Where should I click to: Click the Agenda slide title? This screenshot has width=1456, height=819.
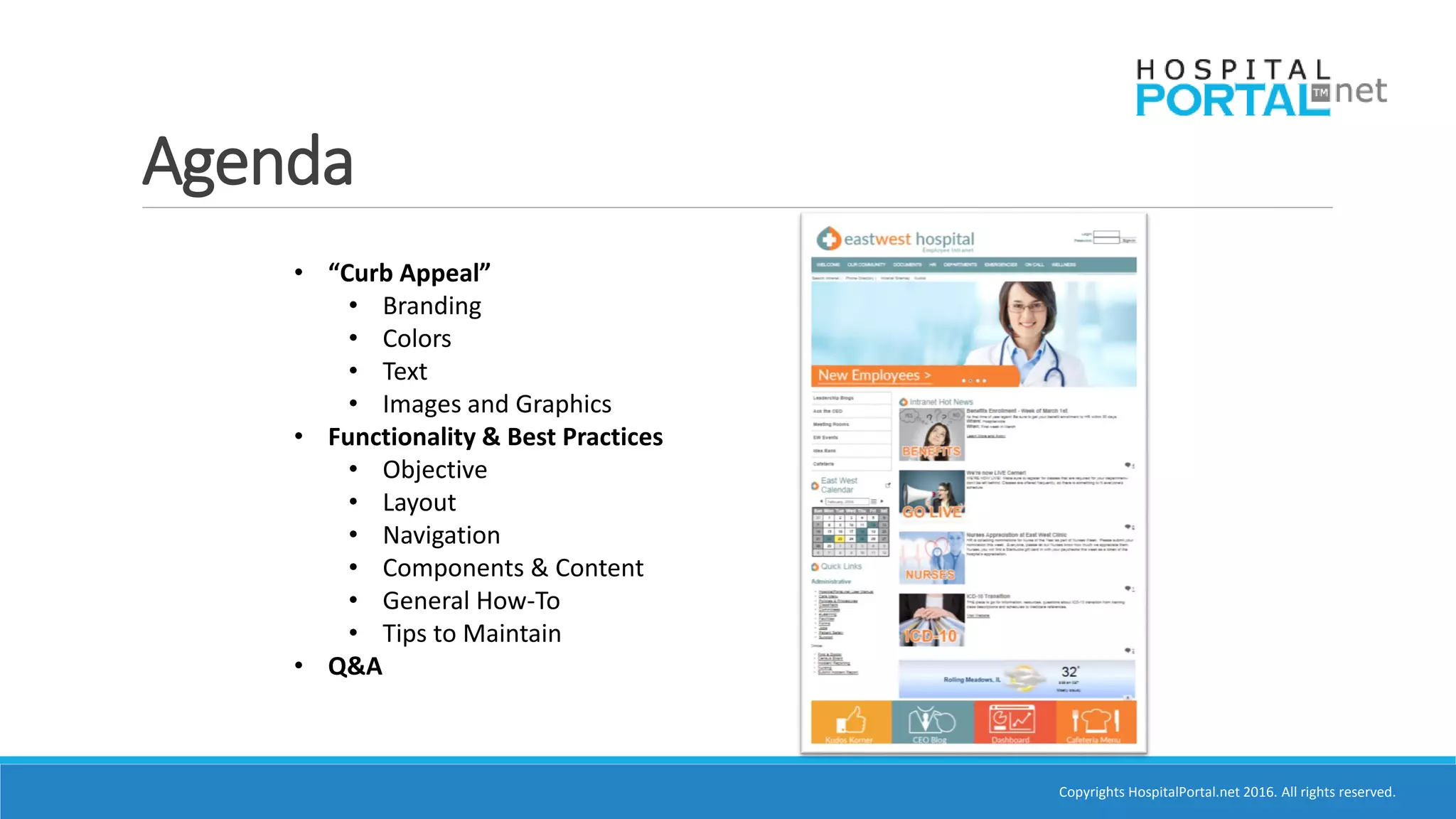point(247,162)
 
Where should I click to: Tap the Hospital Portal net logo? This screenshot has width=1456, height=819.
point(1260,89)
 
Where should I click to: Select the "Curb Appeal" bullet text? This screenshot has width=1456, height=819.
point(409,273)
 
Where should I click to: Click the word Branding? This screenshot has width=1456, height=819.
point(432,306)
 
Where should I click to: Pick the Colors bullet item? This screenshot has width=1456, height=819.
point(417,338)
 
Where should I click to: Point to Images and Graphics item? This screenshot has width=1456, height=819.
point(496,404)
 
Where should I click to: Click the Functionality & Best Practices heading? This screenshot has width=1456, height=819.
point(495,437)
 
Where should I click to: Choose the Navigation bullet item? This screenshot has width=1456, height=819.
point(441,535)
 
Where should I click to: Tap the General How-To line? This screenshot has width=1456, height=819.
point(471,601)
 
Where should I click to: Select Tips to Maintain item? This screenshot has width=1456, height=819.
point(471,633)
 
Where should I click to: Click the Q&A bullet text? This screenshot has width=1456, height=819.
point(355,666)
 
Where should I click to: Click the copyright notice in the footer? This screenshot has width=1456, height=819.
point(1226,792)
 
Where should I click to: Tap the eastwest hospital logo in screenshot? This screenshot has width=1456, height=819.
point(896,239)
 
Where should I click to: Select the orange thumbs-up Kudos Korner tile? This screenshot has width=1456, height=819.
point(851,722)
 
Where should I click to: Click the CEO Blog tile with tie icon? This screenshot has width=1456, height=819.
point(932,722)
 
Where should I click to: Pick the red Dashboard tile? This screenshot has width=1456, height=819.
point(1014,722)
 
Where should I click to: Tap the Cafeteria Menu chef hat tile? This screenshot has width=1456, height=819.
point(1096,722)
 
